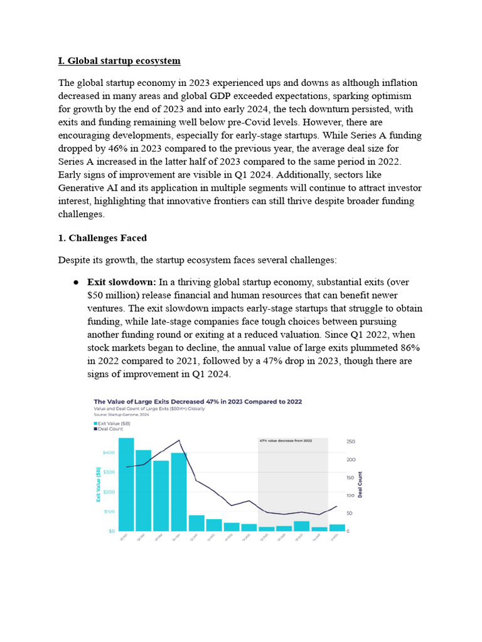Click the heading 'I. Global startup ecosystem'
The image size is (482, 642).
(119, 61)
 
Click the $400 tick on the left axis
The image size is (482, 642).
(108, 452)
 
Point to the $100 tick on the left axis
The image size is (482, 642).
(108, 512)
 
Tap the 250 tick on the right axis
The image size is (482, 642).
(351, 442)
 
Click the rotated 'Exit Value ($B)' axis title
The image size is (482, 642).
(98, 485)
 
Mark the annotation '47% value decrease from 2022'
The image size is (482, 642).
(286, 441)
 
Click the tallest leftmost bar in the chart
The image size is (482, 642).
(126, 484)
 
